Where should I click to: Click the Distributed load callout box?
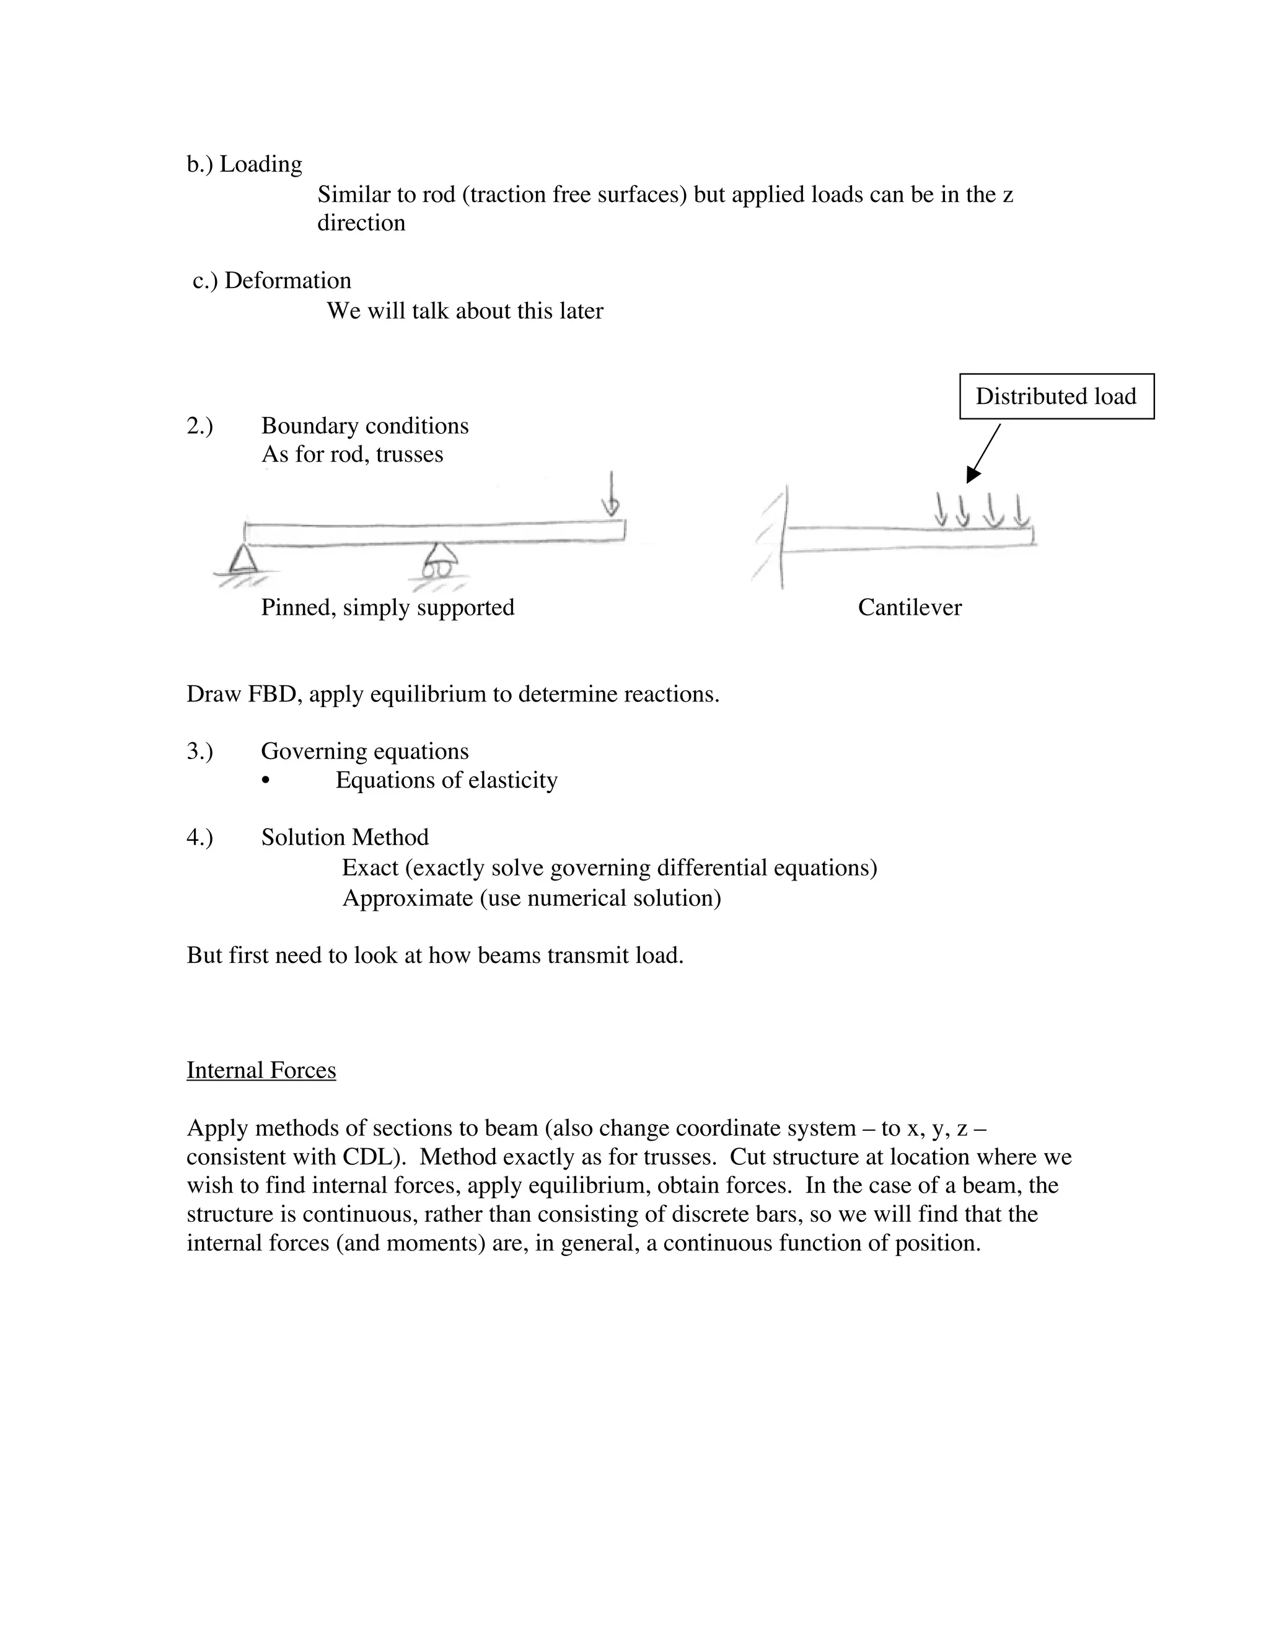[x=1056, y=396]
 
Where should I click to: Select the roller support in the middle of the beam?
[x=438, y=563]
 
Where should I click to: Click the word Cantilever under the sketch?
[x=909, y=607]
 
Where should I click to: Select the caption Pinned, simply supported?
[x=387, y=607]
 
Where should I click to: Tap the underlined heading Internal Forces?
[x=261, y=1070]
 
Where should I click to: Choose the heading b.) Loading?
[x=244, y=164]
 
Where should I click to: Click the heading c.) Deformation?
[x=271, y=281]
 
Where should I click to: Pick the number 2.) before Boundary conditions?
[x=200, y=426]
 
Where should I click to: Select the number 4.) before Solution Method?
[x=200, y=838]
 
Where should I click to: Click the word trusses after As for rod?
[x=409, y=455]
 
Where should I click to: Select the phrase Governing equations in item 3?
[x=364, y=751]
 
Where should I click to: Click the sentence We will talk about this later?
[x=465, y=311]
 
